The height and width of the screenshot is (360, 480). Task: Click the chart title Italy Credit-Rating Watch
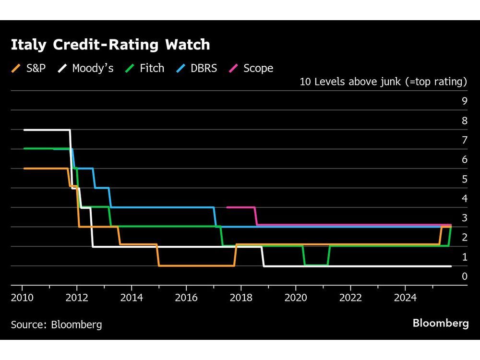[x=110, y=45]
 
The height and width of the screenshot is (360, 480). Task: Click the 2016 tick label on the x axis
[x=186, y=298]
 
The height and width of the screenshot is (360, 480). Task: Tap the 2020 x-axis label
[x=296, y=298]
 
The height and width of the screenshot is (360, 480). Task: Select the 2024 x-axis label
[x=405, y=298]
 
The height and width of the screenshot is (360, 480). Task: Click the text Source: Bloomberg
[x=57, y=325]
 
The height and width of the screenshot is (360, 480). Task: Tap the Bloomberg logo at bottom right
[x=441, y=323]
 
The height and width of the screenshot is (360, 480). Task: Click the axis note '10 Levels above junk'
[x=383, y=82]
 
